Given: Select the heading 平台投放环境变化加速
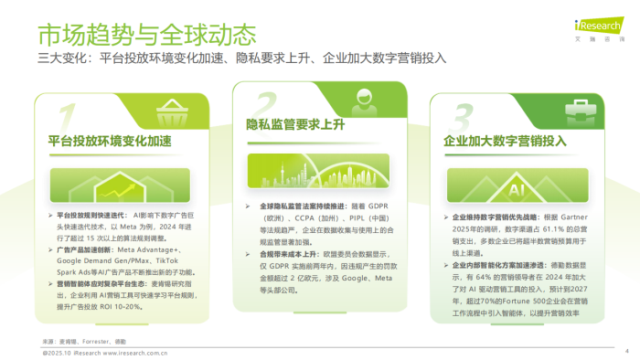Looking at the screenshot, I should click(110, 143).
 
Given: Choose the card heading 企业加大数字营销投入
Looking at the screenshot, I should click(506, 142).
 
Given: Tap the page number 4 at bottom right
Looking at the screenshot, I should click(626, 350).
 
